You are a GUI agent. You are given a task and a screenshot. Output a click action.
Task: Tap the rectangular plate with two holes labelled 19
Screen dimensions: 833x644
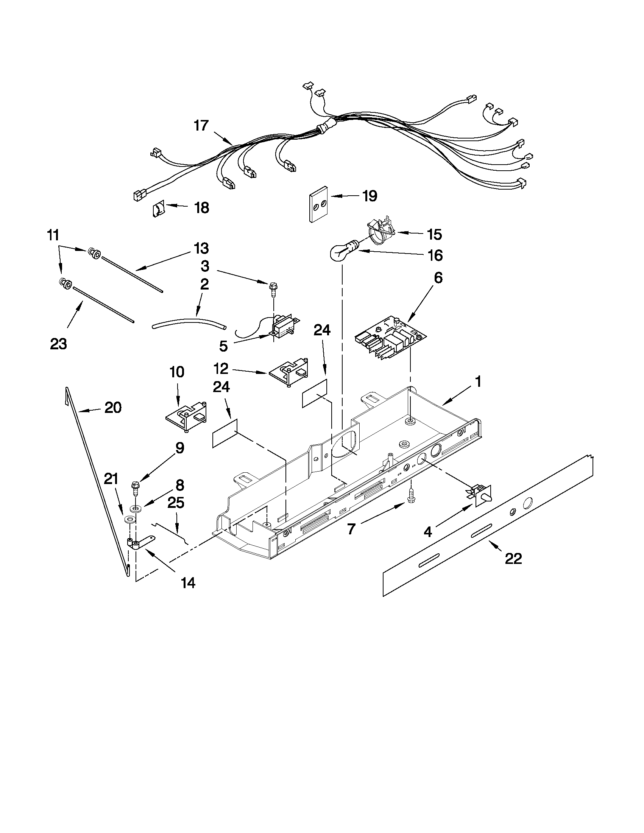pos(318,204)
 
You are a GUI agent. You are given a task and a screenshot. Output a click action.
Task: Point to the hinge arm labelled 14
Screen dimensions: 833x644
pos(141,544)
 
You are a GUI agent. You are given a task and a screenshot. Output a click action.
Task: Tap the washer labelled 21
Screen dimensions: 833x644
pos(129,520)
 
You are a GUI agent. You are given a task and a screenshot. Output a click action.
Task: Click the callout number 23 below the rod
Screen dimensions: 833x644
pos(58,344)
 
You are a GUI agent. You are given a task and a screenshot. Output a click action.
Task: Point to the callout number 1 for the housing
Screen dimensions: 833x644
pos(478,381)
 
